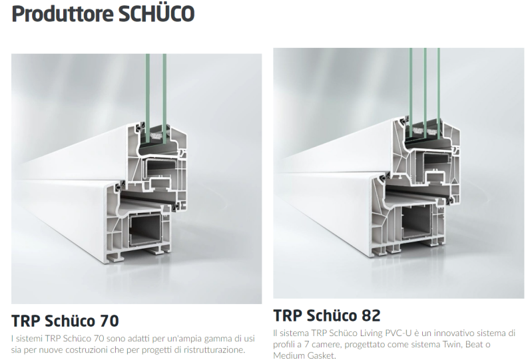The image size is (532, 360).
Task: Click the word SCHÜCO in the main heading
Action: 156,13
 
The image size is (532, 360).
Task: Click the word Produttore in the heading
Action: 62,14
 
